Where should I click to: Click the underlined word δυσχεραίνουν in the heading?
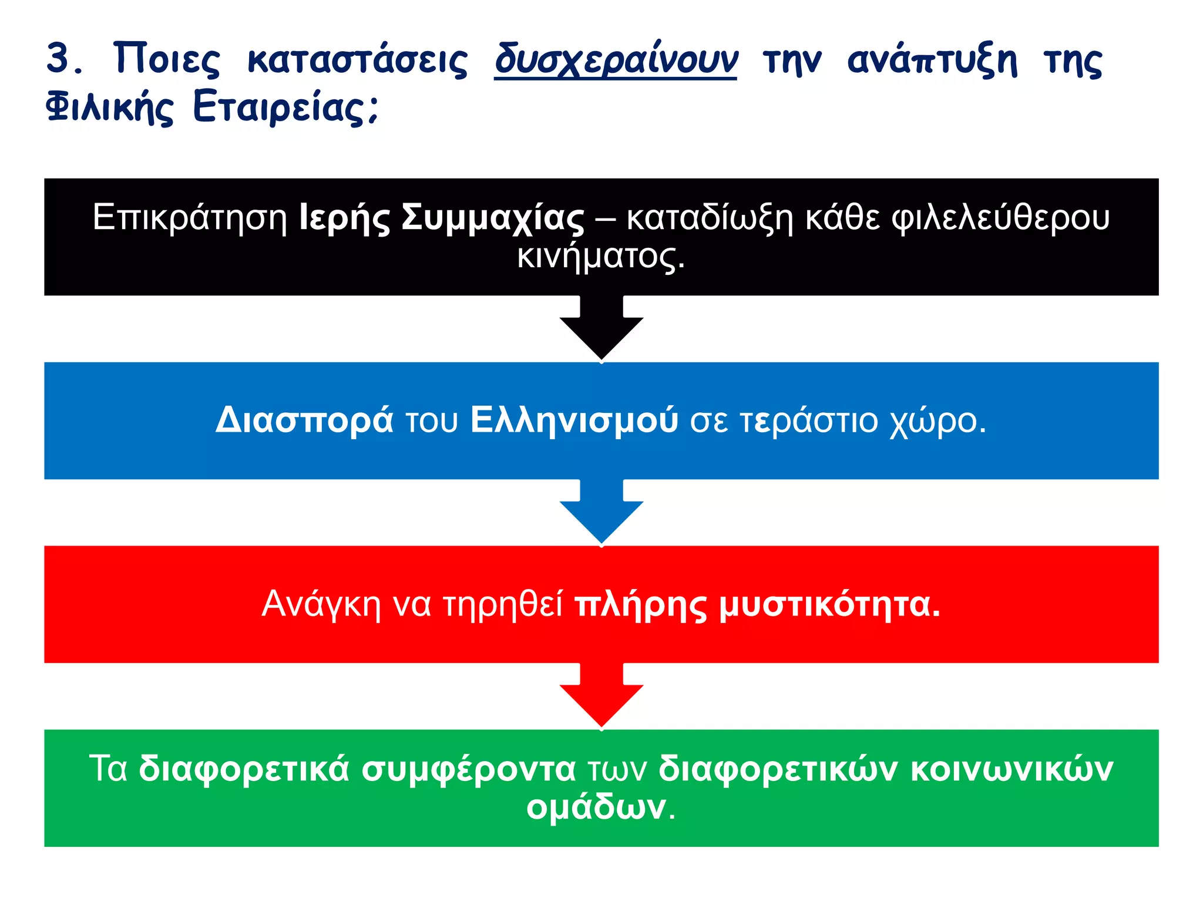616,60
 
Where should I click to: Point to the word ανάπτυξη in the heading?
932,60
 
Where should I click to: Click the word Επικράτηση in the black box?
190,217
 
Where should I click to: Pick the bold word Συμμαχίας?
493,217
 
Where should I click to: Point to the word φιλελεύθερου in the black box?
1001,217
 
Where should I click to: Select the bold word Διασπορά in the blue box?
304,420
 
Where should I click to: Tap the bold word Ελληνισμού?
574,420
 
